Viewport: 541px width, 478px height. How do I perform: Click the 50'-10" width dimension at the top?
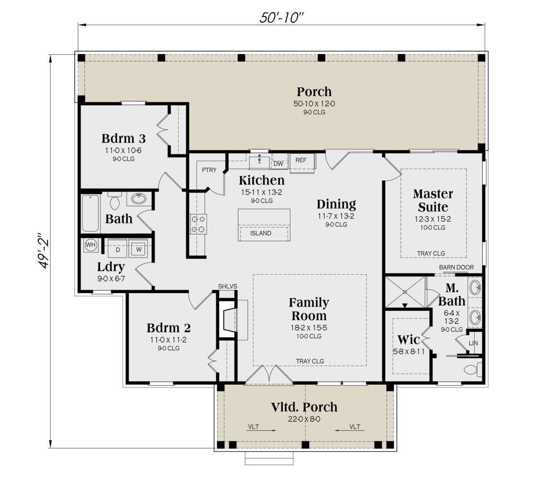coord(281,18)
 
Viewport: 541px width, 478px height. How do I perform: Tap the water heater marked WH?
coord(91,245)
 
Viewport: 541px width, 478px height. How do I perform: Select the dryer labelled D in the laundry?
coord(118,248)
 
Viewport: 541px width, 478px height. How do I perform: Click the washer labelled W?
coord(138,248)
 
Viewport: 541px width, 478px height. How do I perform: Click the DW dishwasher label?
coord(278,164)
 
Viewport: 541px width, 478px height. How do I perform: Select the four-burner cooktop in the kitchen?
coord(198,225)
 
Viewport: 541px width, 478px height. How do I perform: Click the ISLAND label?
coord(261,233)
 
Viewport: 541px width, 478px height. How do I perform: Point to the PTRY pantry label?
coord(209,170)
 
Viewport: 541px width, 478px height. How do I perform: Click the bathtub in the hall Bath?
coord(91,213)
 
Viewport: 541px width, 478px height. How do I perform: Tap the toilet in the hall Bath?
coord(115,200)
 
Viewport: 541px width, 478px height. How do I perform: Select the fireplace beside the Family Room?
coord(228,320)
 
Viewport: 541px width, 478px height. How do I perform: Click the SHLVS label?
coord(228,286)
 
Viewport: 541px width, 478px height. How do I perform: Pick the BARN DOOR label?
coord(456,267)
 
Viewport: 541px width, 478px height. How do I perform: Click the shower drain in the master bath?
coord(405,292)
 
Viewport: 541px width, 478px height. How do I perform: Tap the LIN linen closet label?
coord(473,343)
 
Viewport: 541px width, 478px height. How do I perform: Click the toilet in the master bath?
coord(473,370)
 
